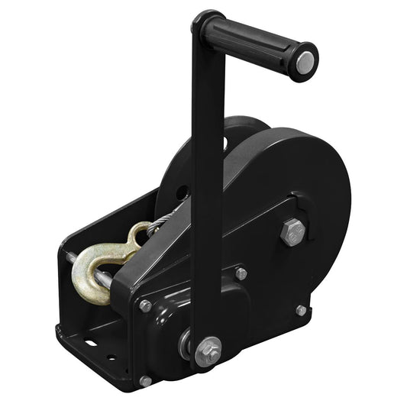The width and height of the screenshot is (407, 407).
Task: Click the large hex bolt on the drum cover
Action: pos(292,231)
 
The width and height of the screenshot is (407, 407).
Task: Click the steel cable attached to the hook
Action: pos(164,221)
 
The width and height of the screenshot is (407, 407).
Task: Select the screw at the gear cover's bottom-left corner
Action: pos(145,380)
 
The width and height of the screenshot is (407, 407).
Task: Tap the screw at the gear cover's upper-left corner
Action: pos(145,306)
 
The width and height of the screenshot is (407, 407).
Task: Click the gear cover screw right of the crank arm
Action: pos(241,273)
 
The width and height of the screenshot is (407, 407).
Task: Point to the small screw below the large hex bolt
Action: pos(301,310)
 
